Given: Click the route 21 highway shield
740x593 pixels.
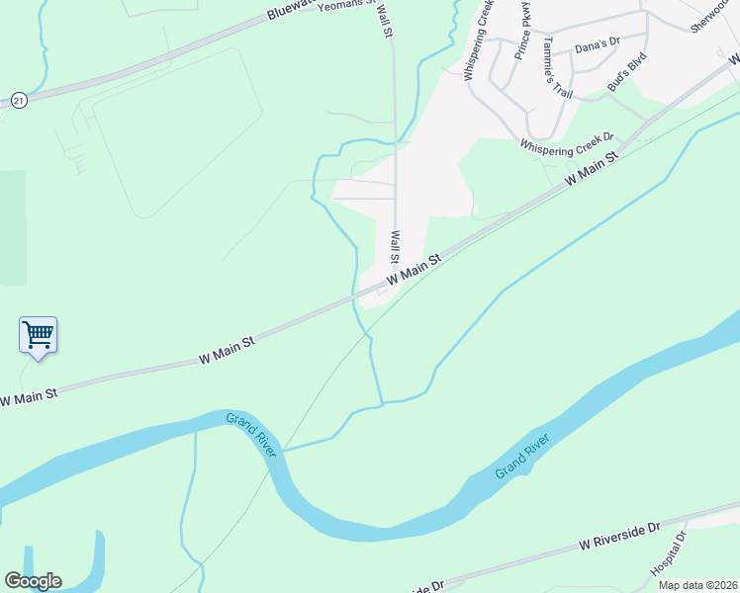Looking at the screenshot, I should coord(18,100).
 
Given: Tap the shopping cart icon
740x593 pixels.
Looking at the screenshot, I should coord(38,335).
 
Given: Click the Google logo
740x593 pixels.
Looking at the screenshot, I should coord(33,581).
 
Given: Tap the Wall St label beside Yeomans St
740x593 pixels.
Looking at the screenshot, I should coord(384,20).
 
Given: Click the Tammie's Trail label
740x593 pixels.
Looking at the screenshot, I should coord(557,67).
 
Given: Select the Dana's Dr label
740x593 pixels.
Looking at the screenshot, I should coord(597,46).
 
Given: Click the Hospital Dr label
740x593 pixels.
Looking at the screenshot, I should coord(668,555).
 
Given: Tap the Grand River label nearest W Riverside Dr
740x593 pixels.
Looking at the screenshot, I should coord(522,457).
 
